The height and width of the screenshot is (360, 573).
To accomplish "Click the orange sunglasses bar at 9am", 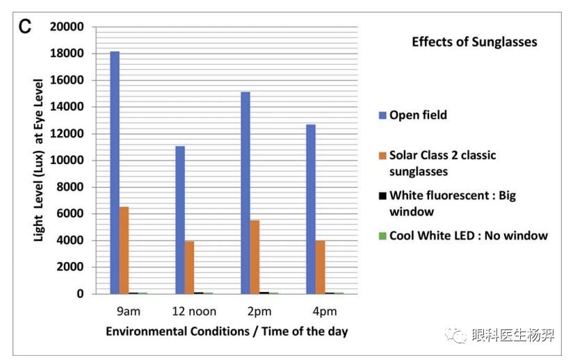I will [124, 250].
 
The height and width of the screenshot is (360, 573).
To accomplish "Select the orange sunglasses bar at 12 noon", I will [189, 267].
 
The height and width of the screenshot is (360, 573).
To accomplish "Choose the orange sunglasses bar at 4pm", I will [320, 267].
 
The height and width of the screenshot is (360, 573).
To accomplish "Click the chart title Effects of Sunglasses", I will [474, 42].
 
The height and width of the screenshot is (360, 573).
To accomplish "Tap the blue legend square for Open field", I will [381, 115].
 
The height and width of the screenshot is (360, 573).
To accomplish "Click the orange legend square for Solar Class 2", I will [381, 156].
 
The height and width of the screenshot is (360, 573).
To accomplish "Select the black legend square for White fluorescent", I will [381, 195].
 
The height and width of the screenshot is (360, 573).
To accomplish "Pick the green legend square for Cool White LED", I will [381, 236].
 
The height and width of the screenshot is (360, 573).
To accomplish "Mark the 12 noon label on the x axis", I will [194, 311].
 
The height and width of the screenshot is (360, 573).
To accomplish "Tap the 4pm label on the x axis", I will [325, 311].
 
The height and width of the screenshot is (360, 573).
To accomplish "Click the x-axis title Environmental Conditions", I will [227, 332].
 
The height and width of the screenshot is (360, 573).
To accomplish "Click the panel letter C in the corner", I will [25, 28].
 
